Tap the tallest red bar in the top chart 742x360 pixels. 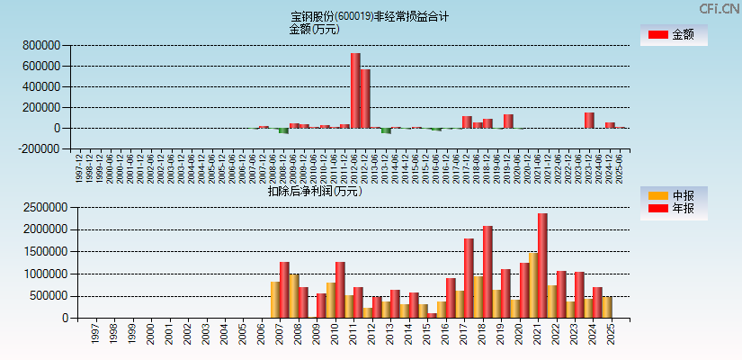(355, 90)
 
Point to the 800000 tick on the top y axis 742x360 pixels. (42, 45)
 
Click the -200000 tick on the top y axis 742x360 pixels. (40, 149)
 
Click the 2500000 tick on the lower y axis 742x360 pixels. (40, 207)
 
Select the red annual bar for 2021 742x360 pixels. (542, 265)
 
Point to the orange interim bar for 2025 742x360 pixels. (607, 307)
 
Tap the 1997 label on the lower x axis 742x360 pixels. (95, 334)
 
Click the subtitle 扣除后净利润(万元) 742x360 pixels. (314, 191)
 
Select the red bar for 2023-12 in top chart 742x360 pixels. (589, 120)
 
